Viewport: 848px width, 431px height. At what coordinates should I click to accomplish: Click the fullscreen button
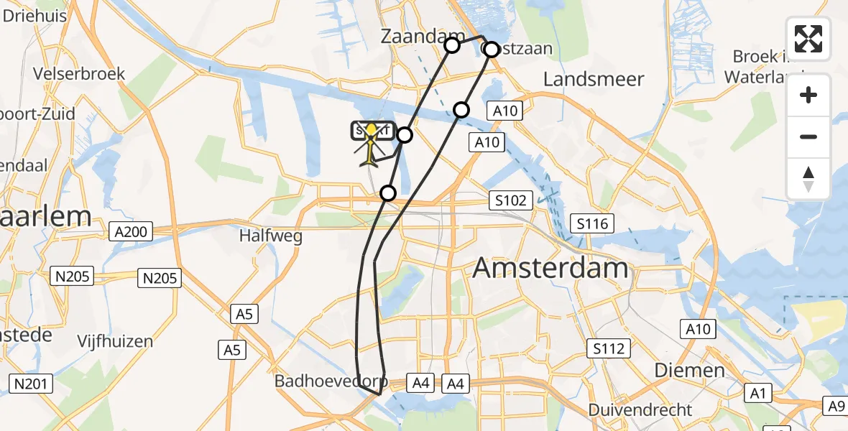(x=808, y=38)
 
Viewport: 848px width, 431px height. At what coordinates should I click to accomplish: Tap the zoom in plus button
(x=808, y=95)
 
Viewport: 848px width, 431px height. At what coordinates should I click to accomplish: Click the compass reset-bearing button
(x=808, y=178)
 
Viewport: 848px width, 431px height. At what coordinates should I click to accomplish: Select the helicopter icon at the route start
(x=371, y=144)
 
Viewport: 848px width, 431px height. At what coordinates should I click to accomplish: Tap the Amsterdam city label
(x=550, y=269)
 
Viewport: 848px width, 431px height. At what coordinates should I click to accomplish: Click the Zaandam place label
(x=411, y=36)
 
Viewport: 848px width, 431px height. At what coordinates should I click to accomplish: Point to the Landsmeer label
(x=594, y=79)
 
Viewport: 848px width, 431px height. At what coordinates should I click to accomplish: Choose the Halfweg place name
(x=271, y=235)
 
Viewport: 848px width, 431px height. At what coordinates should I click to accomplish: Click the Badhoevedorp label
(x=331, y=381)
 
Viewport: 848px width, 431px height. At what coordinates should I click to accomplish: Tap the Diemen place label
(x=689, y=370)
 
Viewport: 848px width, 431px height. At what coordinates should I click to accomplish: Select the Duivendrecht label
(x=640, y=410)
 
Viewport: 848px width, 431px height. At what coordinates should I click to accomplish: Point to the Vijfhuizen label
(x=116, y=340)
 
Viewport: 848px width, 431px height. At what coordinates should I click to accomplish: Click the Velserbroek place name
(x=79, y=73)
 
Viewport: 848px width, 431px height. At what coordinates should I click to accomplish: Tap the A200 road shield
(x=130, y=231)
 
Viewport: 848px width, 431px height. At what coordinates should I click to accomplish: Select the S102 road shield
(x=510, y=200)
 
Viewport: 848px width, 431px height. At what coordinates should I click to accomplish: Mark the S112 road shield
(x=608, y=349)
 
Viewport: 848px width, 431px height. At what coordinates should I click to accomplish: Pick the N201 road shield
(x=29, y=384)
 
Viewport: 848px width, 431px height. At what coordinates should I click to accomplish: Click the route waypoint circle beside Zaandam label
(x=452, y=46)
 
